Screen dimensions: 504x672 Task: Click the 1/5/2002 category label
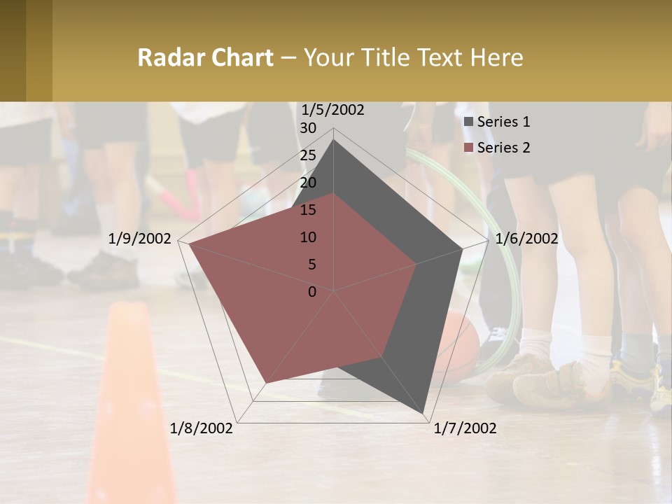[x=332, y=110]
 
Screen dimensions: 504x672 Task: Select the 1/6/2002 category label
[x=526, y=239]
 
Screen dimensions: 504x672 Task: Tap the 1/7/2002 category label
[x=465, y=428]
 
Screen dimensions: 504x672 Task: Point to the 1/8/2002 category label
[x=202, y=428]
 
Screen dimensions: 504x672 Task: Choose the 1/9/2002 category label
[x=140, y=239]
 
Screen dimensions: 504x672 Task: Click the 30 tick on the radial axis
[x=308, y=128]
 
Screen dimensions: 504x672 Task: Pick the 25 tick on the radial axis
[x=308, y=155]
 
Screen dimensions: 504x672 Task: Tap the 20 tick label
[x=308, y=183]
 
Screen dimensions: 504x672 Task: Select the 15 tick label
[x=308, y=210]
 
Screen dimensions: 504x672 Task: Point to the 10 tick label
[x=308, y=237]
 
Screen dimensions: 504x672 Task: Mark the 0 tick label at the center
[x=312, y=292]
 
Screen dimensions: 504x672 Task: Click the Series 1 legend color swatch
[x=468, y=122]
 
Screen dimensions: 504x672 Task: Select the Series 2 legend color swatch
[x=468, y=148]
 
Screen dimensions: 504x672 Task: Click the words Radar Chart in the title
[x=205, y=57]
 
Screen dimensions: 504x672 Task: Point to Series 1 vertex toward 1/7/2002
[x=425, y=413]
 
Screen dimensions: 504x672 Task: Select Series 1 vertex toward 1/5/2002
[x=334, y=140]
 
